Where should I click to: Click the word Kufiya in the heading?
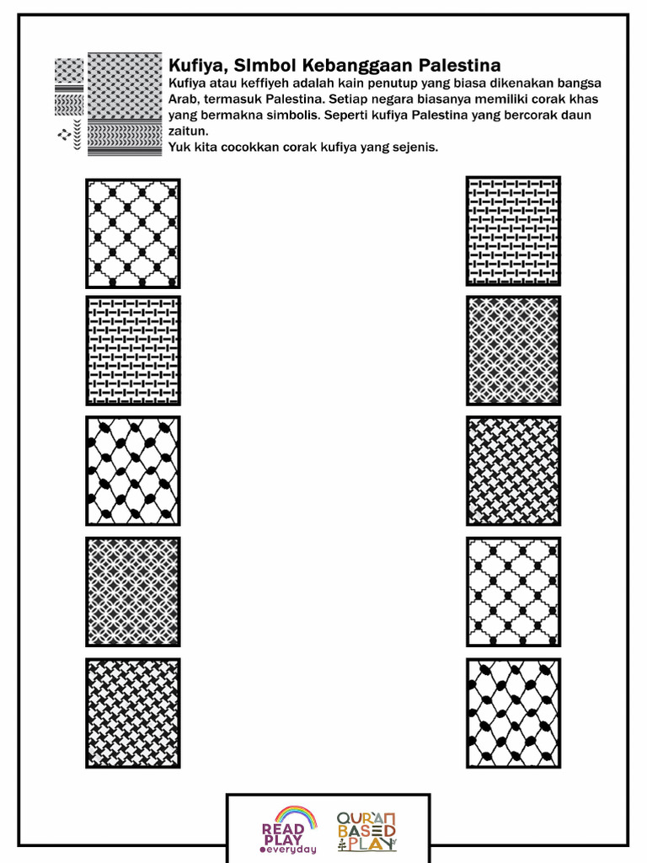(193, 66)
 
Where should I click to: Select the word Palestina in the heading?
(460, 66)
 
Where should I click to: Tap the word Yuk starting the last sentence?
(179, 147)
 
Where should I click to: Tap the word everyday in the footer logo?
(292, 850)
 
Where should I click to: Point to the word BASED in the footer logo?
(366, 830)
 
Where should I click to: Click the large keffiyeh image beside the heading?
(125, 104)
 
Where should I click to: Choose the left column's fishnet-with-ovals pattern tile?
(133, 470)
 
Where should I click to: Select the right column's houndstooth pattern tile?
(514, 470)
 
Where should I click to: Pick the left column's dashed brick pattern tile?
(133, 351)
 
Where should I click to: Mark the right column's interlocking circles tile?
(514, 351)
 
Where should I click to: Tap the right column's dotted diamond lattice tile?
(514, 592)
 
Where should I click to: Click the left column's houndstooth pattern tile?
(133, 713)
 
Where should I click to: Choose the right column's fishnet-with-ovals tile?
(514, 713)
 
